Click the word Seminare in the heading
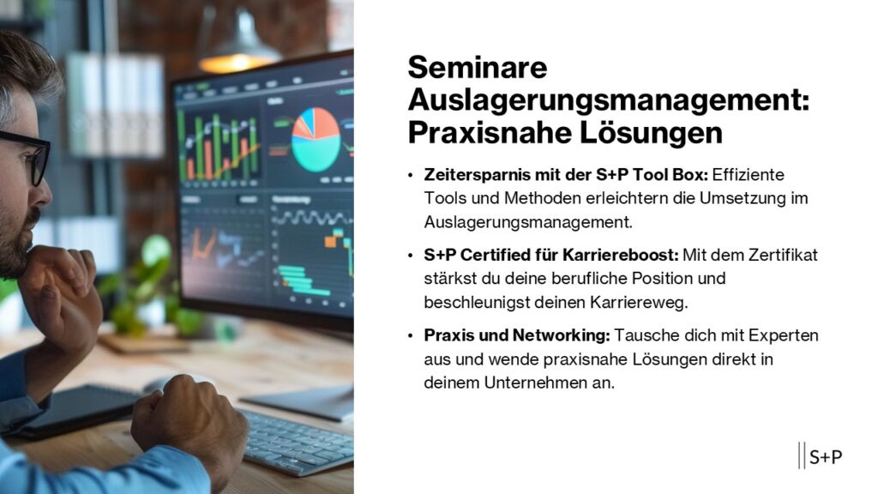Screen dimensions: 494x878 tap(477, 68)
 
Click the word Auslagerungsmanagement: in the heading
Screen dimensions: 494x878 tap(608, 100)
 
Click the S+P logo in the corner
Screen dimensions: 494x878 tap(821, 456)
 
